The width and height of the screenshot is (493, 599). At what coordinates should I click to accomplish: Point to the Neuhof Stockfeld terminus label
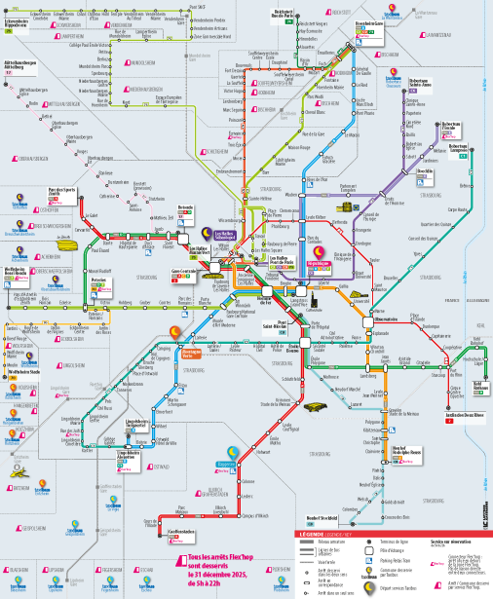pyautogui.click(x=321, y=516)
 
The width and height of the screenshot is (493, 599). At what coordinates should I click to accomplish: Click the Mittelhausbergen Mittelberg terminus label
pyautogui.click(x=20, y=66)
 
